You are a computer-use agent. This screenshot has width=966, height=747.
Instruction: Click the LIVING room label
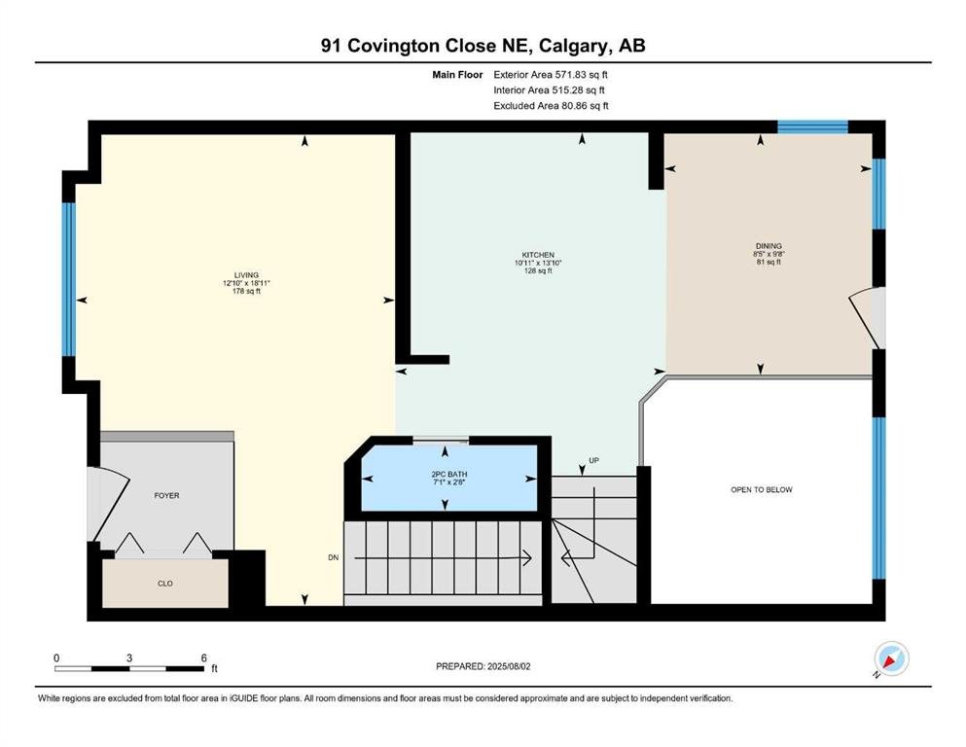246,275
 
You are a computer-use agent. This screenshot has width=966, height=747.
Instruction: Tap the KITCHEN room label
538,255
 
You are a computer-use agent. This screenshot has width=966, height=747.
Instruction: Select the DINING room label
769,246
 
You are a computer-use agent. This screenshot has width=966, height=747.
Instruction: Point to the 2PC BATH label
449,475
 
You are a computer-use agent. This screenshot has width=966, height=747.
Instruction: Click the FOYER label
167,495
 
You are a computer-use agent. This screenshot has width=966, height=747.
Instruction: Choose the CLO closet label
165,584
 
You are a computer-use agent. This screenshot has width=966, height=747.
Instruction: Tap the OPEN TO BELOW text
762,489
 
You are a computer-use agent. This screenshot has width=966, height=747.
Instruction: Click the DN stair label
334,557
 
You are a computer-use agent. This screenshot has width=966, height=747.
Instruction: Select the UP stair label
593,460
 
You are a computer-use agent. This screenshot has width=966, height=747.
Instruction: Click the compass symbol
891,658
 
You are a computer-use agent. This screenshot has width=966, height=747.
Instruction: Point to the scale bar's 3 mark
129,658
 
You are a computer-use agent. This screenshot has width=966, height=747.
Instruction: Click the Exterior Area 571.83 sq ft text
551,75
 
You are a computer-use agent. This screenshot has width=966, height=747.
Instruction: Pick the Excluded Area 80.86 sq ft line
551,105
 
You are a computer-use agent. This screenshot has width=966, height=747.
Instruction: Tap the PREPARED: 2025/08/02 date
483,666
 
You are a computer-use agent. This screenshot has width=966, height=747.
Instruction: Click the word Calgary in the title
577,46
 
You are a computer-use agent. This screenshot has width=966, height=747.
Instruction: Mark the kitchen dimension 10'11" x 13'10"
538,263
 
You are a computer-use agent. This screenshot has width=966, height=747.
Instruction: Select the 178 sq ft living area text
246,291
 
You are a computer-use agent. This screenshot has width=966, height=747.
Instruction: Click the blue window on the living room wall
69,279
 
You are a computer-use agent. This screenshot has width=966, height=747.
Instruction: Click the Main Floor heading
457,75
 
